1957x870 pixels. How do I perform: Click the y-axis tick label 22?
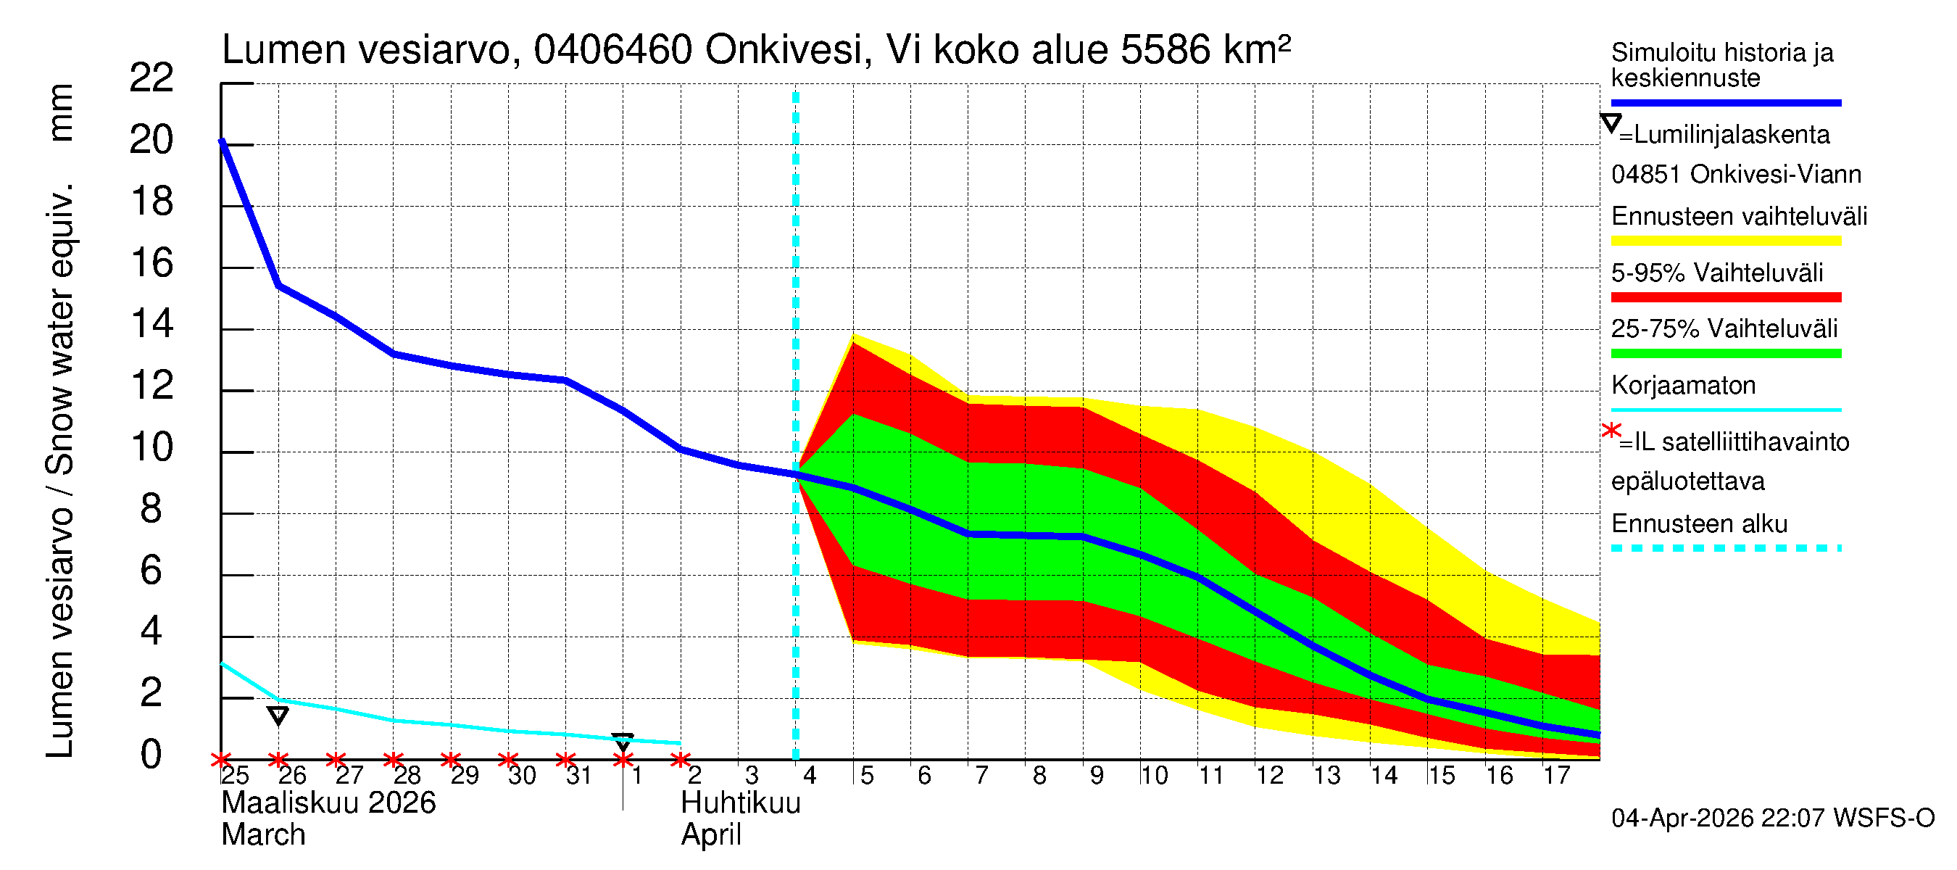click(151, 78)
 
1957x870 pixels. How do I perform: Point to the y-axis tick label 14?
click(151, 325)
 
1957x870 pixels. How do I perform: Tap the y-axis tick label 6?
click(151, 571)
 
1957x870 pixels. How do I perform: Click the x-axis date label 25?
click(235, 776)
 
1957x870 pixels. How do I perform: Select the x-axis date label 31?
click(579, 776)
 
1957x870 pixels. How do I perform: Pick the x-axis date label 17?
click(1556, 776)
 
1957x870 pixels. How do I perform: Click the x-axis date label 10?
click(1153, 776)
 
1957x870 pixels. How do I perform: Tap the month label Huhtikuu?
click(740, 803)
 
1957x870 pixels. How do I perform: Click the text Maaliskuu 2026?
click(328, 803)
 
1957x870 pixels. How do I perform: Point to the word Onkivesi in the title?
click(784, 51)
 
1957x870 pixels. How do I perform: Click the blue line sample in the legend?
click(1725, 102)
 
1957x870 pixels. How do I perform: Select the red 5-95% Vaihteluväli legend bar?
click(1725, 297)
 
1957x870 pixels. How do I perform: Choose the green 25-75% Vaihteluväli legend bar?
click(1725, 353)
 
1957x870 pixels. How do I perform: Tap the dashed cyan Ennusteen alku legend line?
click(1725, 548)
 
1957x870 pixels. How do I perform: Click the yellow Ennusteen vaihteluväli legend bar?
click(1725, 241)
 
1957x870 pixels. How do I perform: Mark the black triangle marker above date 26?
click(278, 715)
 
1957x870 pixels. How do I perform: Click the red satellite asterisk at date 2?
click(681, 760)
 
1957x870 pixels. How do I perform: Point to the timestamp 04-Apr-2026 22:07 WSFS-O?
click(1772, 819)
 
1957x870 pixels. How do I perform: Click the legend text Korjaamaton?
click(1683, 386)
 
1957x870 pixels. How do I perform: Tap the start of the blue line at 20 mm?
click(222, 141)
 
